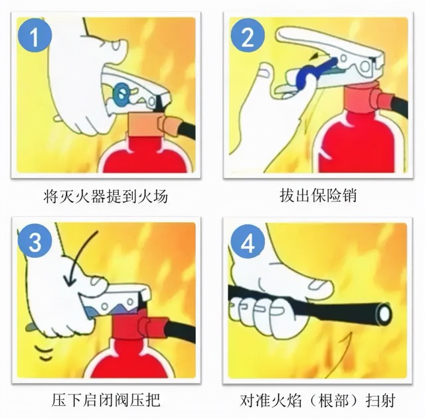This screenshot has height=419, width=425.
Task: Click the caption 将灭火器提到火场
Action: click(106, 197)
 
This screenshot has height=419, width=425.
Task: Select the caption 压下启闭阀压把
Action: click(106, 400)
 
